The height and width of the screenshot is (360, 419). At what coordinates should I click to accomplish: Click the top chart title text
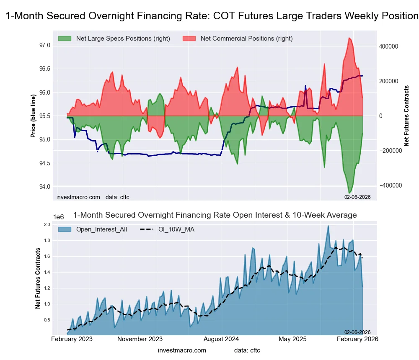(x=212, y=16)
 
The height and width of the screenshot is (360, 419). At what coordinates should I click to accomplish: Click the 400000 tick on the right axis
(x=389, y=46)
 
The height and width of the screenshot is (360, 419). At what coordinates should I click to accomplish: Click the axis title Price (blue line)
(x=34, y=116)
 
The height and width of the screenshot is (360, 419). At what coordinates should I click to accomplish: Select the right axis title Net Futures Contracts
(x=406, y=116)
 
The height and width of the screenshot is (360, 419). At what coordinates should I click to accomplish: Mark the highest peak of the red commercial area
(x=349, y=38)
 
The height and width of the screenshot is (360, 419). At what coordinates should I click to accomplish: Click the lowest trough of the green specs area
(x=349, y=193)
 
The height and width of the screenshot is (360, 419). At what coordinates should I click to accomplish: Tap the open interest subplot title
(x=215, y=215)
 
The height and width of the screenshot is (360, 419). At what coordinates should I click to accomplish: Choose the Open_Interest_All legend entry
(x=101, y=229)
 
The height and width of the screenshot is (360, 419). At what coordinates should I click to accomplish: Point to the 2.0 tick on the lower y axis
(x=47, y=225)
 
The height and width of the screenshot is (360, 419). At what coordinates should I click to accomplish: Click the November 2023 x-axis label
(x=140, y=339)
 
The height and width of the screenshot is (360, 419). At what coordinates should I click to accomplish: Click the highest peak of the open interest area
(x=328, y=226)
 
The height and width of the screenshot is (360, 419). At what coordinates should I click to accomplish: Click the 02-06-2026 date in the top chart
(x=357, y=197)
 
